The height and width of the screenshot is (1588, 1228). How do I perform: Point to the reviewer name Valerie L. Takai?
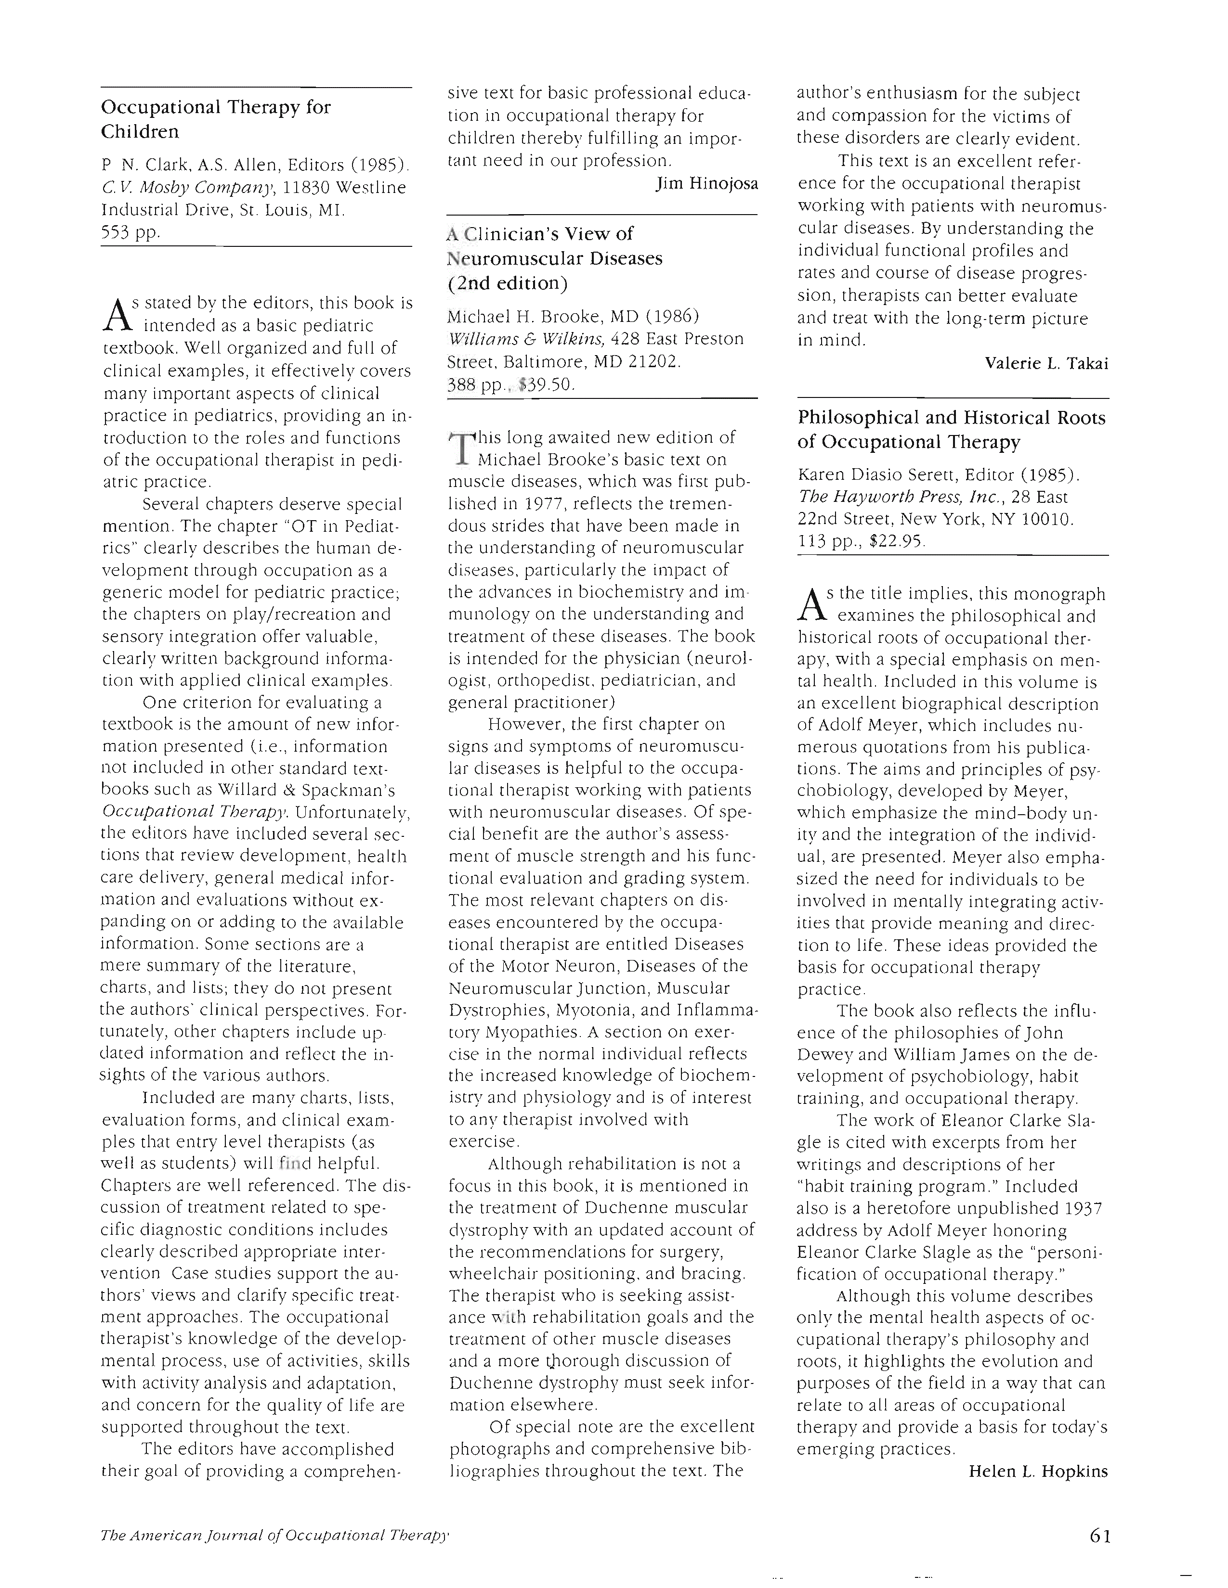(1046, 363)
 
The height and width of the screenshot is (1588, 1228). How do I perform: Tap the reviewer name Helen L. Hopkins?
(1038, 1472)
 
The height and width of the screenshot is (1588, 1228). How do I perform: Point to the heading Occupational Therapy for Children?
(216, 119)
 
